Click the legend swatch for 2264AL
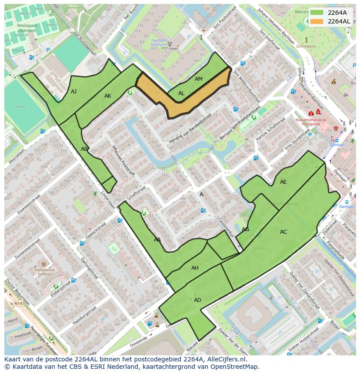[317, 21]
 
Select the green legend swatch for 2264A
[317, 13]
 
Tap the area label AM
[199, 79]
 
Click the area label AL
[181, 93]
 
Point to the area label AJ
[74, 92]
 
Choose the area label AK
[108, 96]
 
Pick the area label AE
[283, 182]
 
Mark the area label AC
[283, 232]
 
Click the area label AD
[197, 300]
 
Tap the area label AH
[195, 268]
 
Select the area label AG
[245, 229]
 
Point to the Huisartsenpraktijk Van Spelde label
[310, 121]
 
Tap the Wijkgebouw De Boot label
[43, 272]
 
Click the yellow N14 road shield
[18, 303]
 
